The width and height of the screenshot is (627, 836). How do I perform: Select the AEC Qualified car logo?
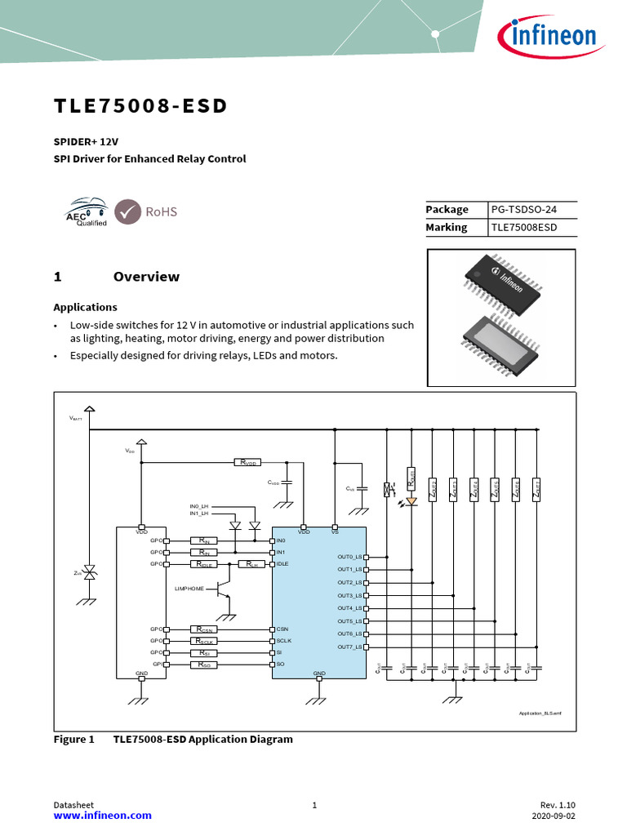click(86, 211)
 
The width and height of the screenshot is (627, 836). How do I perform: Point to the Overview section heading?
click(146, 277)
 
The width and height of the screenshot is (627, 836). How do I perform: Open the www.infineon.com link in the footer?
click(102, 816)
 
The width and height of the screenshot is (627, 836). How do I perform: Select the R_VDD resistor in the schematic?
click(249, 463)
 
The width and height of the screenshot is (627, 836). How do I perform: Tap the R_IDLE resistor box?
click(204, 564)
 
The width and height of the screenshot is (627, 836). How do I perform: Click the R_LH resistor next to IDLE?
click(252, 564)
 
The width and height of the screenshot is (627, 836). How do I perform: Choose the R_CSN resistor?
click(204, 629)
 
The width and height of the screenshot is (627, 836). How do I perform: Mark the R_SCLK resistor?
click(204, 642)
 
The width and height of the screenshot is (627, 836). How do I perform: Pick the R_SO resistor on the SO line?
click(204, 665)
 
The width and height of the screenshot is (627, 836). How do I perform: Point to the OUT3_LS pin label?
click(350, 596)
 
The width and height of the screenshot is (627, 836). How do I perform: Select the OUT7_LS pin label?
click(350, 647)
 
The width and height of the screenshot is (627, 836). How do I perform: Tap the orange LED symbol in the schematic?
click(411, 501)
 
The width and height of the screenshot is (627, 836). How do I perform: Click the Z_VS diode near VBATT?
click(91, 574)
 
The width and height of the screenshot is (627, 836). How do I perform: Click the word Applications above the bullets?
click(85, 308)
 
